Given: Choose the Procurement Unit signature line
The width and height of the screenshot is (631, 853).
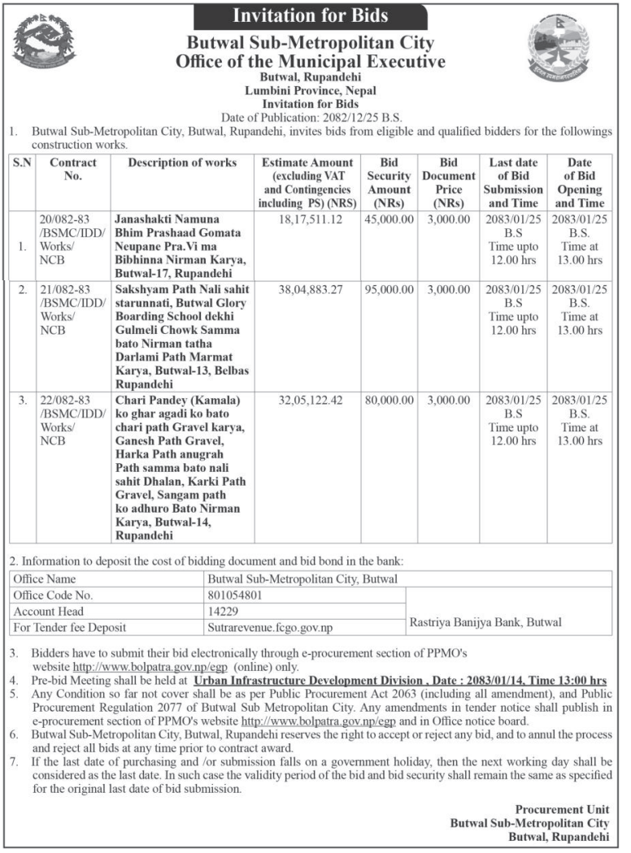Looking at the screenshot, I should click(x=562, y=809).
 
